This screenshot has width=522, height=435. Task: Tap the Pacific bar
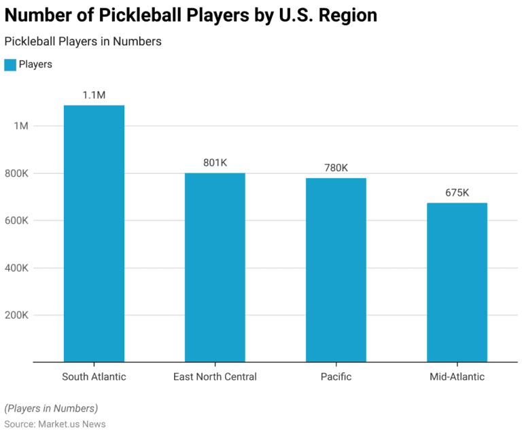pos(336,270)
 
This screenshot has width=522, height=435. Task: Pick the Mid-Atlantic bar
pos(457,282)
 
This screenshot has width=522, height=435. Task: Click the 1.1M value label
pos(94,95)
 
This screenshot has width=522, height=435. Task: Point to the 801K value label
pos(215,162)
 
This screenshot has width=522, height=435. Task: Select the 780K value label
pos(336,168)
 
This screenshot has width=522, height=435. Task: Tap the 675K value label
pos(457,192)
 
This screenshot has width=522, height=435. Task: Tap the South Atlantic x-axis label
pos(94,377)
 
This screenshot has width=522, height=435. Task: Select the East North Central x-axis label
pos(215,377)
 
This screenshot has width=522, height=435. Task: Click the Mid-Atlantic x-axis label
pos(457,377)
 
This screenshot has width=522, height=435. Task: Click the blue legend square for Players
pos(10,65)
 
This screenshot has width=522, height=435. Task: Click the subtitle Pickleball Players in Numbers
pos(83,41)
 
